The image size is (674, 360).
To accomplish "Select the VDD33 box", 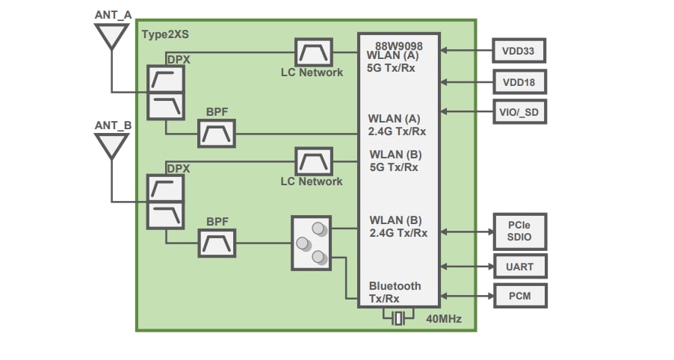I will (x=519, y=51).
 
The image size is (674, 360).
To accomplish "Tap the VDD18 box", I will (x=519, y=81).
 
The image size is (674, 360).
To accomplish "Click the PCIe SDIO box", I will (x=519, y=232).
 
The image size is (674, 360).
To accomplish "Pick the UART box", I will (x=519, y=266).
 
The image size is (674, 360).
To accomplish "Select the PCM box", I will (x=519, y=296).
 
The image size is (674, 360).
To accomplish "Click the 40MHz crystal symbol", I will (x=398, y=318).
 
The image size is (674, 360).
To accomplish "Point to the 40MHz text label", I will (x=444, y=320).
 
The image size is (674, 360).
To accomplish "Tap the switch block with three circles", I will (x=310, y=243).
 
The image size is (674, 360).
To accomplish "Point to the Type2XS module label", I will (x=165, y=33).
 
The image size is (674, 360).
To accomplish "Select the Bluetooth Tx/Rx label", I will (x=395, y=292).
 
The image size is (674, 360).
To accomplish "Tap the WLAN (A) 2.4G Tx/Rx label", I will (x=397, y=125).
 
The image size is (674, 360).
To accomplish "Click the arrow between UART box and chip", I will (x=467, y=266).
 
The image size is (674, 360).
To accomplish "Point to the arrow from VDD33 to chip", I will (x=467, y=51).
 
